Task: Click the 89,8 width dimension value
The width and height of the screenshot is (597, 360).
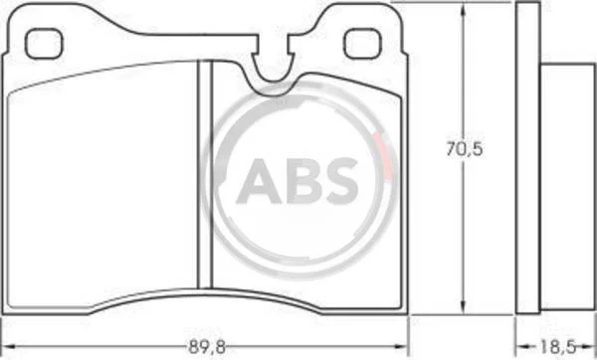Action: (x=207, y=347)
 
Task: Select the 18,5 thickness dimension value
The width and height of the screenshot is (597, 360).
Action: (x=556, y=347)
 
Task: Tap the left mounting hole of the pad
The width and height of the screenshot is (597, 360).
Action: (x=44, y=44)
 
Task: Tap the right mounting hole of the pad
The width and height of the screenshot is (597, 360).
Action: (x=362, y=44)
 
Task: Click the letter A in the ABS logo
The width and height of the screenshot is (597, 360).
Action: (x=259, y=181)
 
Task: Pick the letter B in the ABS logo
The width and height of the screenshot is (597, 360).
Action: (x=305, y=181)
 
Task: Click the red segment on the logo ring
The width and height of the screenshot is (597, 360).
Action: (x=384, y=155)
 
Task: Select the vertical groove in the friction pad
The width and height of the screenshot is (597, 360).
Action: (x=205, y=174)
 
